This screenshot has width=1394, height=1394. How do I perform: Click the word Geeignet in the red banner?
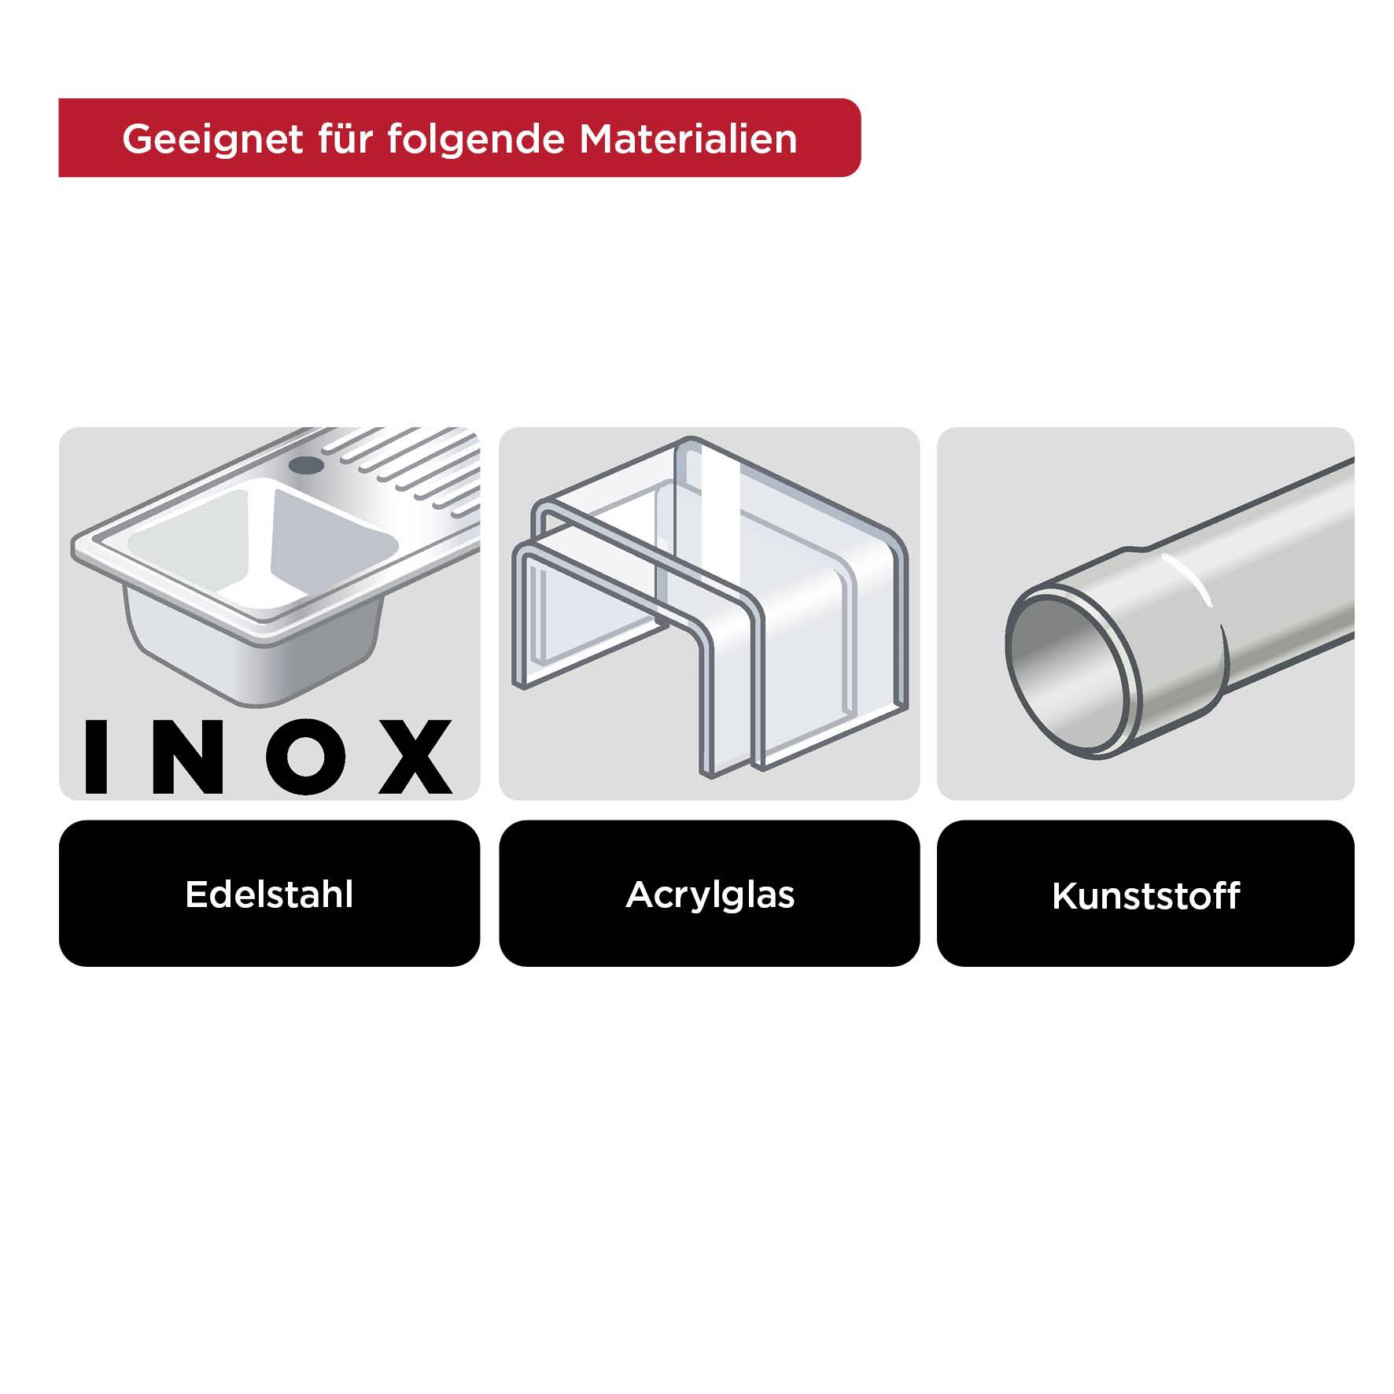coord(212,139)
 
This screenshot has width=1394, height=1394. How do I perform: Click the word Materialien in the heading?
coord(688,139)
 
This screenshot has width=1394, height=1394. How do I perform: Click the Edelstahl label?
coord(269,894)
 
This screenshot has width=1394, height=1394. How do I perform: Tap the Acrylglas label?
coord(710,894)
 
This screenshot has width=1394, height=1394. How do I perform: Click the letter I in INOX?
coord(96,756)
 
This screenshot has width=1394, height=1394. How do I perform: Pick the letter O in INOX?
coord(302,756)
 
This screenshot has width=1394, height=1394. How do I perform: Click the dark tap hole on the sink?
coord(306,464)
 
